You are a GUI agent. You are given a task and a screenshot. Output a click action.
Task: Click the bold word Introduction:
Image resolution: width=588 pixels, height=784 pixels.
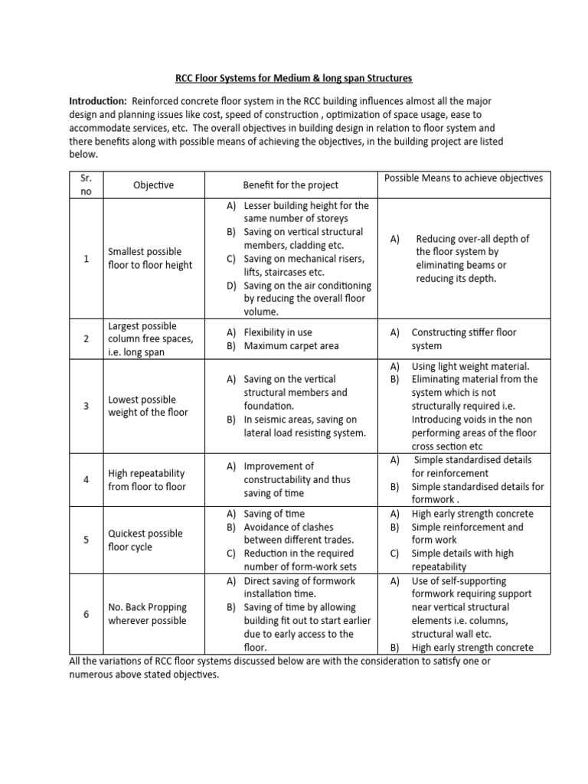pyautogui.click(x=98, y=101)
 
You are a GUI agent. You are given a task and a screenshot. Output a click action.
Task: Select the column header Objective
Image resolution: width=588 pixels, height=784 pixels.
pyautogui.click(x=153, y=185)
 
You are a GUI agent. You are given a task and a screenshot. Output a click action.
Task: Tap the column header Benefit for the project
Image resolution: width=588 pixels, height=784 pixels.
pyautogui.click(x=290, y=185)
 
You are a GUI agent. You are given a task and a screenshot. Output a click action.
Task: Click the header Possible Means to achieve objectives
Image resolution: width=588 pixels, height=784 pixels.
pyautogui.click(x=463, y=178)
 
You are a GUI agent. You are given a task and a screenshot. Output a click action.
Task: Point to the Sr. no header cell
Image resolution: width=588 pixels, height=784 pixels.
pyautogui.click(x=86, y=185)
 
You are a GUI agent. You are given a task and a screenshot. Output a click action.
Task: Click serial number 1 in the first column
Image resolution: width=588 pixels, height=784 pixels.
pyautogui.click(x=86, y=259)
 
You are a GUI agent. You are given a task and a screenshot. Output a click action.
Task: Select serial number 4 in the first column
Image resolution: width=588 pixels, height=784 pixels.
pyautogui.click(x=86, y=480)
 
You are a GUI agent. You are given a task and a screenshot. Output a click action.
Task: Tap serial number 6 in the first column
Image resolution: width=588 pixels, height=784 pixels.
pyautogui.click(x=86, y=614)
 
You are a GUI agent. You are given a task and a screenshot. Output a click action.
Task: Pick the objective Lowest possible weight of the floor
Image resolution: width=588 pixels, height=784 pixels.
pyautogui.click(x=147, y=406)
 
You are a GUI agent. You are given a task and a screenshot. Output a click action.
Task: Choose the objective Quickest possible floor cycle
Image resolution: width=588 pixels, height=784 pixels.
pyautogui.click(x=145, y=540)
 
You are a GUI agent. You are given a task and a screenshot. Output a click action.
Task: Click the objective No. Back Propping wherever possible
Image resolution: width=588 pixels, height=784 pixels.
pyautogui.click(x=147, y=613)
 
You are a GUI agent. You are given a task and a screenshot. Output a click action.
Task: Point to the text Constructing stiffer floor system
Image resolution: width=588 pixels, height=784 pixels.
pyautogui.click(x=463, y=339)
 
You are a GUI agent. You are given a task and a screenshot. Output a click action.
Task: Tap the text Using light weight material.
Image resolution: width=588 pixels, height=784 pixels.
pyautogui.click(x=470, y=366)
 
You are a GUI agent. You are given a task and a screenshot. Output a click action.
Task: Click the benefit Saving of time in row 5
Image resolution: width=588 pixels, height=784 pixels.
pyautogui.click(x=274, y=514)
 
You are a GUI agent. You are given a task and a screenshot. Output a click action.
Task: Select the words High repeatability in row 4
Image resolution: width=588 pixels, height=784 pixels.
pyautogui.click(x=146, y=473)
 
